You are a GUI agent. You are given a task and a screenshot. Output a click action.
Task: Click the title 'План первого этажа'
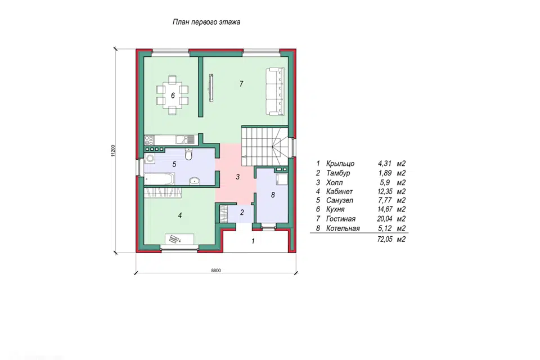coord(206,22)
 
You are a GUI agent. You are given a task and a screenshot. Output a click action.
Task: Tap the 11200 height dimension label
coord(113,151)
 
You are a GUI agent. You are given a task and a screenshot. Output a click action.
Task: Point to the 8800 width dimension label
coord(216,271)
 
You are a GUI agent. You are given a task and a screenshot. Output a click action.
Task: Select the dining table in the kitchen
coord(173,95)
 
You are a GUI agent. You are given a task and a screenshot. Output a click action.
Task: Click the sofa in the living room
coord(275,92)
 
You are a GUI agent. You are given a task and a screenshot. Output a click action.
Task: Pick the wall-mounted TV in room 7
coord(211,88)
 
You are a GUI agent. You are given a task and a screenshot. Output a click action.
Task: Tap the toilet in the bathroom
coord(188,155)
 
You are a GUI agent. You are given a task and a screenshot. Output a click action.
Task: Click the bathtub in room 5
coord(159,179)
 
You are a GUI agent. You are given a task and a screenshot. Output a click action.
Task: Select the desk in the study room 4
coord(179,239)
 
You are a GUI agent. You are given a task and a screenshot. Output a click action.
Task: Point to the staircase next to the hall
coord(265,146)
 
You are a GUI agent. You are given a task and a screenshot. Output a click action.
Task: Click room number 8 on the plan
coord(273,195)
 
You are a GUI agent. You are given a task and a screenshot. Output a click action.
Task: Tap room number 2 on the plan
coord(242,213)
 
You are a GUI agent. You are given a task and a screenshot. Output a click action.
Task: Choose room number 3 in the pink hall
coord(237,177)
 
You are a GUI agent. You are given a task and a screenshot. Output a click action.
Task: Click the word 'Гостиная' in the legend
coord(341,219)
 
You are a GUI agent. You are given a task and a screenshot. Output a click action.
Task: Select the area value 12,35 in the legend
coord(385,192)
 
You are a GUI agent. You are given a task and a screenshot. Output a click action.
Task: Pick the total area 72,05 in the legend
coord(385,239)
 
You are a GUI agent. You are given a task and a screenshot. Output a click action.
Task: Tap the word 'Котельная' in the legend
coord(343,228)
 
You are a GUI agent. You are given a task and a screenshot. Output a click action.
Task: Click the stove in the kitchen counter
coord(149,140)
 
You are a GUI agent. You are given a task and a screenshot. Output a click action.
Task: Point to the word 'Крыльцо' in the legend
coord(340,164)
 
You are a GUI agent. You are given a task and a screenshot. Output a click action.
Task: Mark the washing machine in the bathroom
coord(150,159)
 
